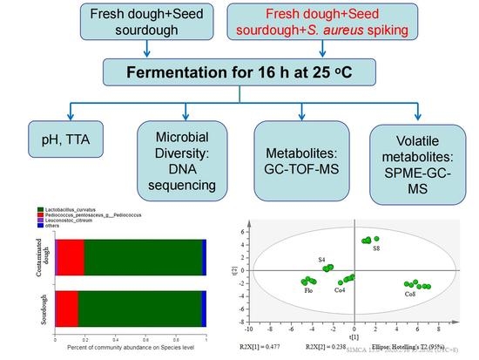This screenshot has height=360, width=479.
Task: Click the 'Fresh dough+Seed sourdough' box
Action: pos(147,27)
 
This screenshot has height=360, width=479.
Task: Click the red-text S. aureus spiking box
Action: pos(331,27)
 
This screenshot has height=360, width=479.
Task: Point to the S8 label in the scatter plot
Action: pos(376,249)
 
